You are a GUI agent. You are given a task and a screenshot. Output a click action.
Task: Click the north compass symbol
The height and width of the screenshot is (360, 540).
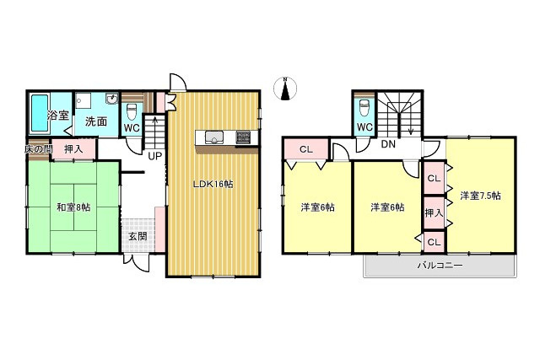(285, 89)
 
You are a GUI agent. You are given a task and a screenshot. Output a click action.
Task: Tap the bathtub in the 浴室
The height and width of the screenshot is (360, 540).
(40, 113)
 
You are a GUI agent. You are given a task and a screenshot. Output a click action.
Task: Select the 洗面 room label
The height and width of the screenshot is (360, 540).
(96, 121)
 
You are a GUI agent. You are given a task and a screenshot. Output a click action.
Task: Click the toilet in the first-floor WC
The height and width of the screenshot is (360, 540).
(132, 111)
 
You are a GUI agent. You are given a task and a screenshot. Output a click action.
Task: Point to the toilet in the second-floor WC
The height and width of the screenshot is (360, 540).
(364, 109)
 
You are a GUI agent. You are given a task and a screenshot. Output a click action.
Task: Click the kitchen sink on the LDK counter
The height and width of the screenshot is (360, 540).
(214, 137)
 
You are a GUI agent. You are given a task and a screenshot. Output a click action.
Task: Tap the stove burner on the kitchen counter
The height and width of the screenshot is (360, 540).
(242, 137)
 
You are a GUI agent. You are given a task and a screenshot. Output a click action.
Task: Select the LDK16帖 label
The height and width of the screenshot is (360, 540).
(213, 184)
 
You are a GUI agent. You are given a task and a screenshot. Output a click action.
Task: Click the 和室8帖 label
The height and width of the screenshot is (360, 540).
(73, 207)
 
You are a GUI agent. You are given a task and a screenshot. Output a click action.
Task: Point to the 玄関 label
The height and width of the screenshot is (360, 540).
(138, 236)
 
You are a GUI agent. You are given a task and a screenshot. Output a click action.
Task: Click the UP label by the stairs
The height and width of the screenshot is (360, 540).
(154, 156)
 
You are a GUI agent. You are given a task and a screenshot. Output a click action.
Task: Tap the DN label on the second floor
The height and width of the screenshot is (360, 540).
(388, 144)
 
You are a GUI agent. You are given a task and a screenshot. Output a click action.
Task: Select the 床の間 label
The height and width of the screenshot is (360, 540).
(38, 149)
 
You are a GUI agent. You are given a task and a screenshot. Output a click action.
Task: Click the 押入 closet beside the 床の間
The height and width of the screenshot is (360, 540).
(73, 149)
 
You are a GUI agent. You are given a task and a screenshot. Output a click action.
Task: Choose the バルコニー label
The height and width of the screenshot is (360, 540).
(440, 266)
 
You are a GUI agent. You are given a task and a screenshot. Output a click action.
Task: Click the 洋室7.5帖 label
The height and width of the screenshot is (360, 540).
(480, 196)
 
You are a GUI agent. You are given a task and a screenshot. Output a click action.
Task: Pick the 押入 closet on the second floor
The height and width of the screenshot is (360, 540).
(434, 213)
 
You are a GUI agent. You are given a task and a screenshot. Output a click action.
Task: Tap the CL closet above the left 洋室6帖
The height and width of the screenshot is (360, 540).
(306, 149)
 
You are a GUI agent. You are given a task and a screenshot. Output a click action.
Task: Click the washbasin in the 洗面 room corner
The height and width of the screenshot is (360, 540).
(112, 99)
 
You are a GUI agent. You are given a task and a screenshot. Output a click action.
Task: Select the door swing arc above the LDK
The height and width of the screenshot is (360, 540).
(178, 82)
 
